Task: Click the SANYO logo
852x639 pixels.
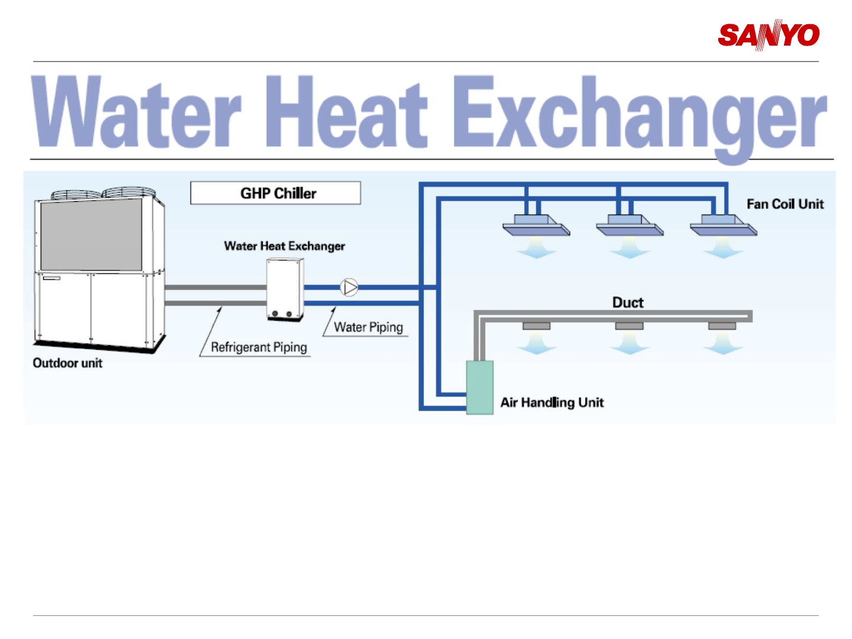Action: (768, 35)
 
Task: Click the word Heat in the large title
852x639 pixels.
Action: (347, 112)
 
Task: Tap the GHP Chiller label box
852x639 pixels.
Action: (276, 193)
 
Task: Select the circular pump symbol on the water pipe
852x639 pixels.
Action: (350, 288)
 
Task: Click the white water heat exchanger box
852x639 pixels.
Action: (285, 289)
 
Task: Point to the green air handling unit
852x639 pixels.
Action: (480, 388)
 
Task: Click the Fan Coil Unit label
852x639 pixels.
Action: (785, 204)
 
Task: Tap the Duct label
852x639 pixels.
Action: (628, 302)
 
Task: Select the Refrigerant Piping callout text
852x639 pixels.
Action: (259, 347)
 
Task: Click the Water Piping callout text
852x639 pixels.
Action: (368, 327)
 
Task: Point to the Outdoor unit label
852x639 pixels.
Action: (67, 363)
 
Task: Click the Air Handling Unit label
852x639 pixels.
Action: (552, 402)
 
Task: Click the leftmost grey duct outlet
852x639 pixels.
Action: (536, 326)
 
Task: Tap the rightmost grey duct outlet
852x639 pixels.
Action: (722, 326)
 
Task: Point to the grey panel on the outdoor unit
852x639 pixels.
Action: (91, 234)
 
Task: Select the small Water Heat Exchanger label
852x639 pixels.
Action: (284, 246)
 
